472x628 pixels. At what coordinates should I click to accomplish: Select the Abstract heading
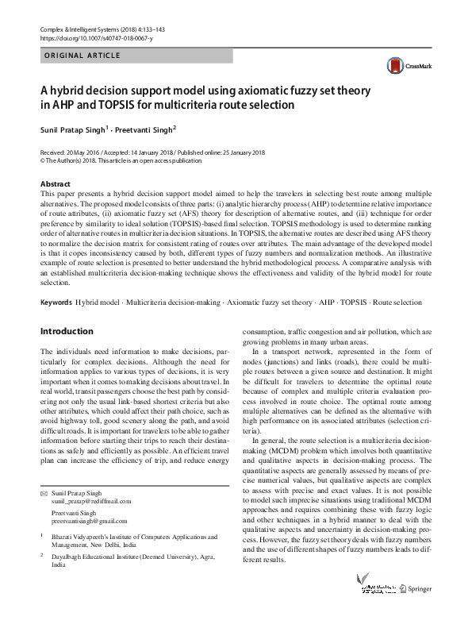(55, 184)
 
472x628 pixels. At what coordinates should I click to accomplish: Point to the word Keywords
(56, 302)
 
